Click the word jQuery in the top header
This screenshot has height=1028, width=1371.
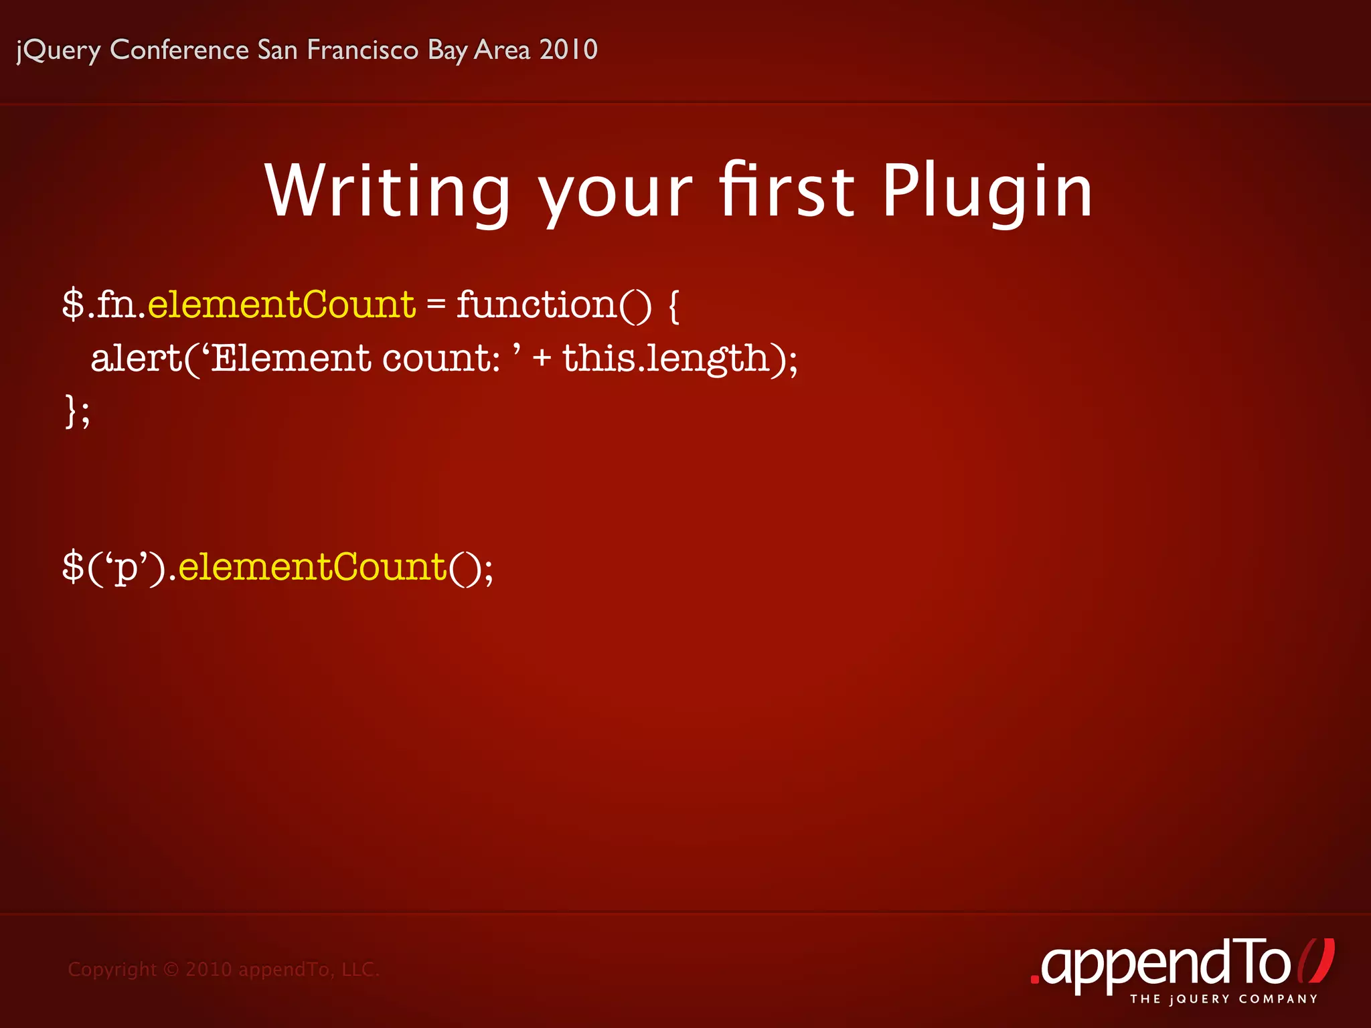(x=58, y=50)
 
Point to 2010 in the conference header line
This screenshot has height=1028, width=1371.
(x=568, y=50)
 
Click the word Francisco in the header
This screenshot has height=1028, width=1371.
(x=363, y=50)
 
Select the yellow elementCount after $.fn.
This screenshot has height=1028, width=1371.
(x=281, y=305)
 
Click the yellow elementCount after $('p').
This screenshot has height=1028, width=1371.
(x=312, y=567)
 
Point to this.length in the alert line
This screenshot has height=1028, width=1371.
(x=666, y=358)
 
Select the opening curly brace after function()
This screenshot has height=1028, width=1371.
(x=673, y=306)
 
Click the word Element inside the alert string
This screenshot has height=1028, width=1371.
(x=291, y=358)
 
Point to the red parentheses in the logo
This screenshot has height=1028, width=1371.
(x=1316, y=961)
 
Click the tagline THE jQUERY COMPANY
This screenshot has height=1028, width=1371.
(x=1224, y=999)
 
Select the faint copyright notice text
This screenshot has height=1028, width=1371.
(x=224, y=969)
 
